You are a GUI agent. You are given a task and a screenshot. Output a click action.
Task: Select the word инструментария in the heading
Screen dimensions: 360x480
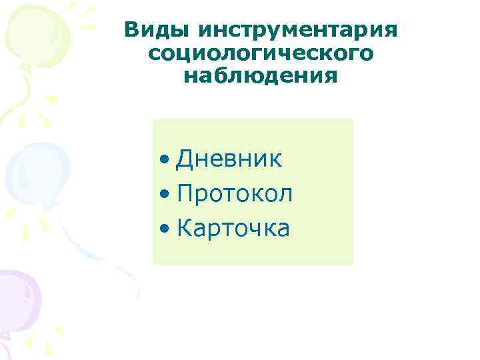coord(297,31)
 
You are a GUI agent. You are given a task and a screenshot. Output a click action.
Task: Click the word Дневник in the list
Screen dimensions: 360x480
coord(229,159)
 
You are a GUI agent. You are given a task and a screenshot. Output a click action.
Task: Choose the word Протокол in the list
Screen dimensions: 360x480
coord(235,194)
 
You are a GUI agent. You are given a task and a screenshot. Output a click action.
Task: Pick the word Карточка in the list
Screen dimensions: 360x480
coord(233,229)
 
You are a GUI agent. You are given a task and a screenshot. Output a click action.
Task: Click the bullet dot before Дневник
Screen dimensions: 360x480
coord(165,161)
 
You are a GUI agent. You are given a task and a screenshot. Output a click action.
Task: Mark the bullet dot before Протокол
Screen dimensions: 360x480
coord(165,195)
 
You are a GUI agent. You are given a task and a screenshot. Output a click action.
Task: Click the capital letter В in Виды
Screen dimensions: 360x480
coord(132,30)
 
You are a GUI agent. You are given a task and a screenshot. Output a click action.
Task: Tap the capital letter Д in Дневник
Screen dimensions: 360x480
coord(185,159)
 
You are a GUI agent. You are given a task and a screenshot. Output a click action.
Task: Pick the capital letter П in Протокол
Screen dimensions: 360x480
coord(186,194)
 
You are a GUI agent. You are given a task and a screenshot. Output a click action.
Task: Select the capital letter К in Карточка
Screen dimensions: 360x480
coord(185,229)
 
